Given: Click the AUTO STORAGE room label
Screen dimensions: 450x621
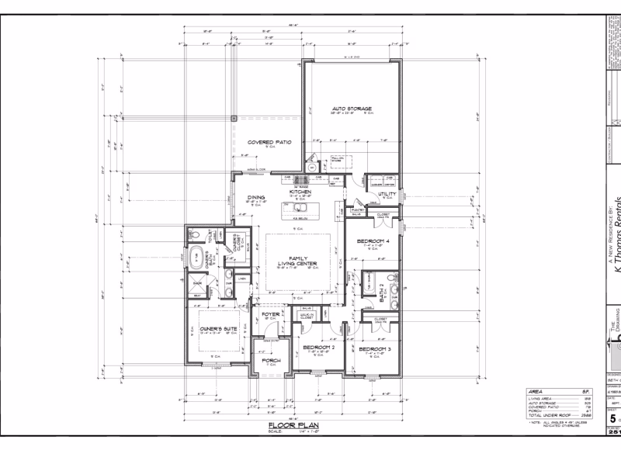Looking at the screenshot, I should (x=352, y=109).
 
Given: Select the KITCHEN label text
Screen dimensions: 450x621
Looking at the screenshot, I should (x=300, y=192).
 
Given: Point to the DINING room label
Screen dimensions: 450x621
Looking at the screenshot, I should (x=256, y=198).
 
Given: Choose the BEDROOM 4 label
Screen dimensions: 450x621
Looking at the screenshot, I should (x=372, y=241).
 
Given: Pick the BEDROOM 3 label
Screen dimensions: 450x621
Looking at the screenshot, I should (x=374, y=349).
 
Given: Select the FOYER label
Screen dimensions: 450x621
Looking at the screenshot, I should (x=270, y=314).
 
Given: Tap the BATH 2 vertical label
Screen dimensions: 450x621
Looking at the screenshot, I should (x=382, y=292).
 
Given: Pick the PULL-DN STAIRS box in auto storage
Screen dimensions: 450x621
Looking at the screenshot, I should (x=338, y=160).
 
